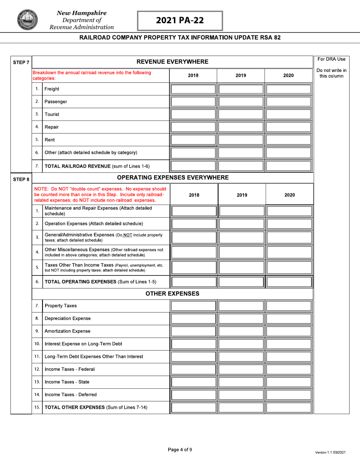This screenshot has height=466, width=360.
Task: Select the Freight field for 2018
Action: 193,89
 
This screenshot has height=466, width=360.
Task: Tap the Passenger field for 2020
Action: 289,102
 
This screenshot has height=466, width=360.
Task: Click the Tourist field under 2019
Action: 241,114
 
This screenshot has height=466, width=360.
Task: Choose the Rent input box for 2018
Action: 193,140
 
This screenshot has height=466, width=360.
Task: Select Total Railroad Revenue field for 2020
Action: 289,166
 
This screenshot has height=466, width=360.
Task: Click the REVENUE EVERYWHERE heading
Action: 172,62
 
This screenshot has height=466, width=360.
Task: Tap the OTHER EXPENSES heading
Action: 172,294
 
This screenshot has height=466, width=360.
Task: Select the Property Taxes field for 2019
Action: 241,306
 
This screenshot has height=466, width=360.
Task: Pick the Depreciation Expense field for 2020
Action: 289,319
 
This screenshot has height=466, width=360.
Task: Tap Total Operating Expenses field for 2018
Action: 193,282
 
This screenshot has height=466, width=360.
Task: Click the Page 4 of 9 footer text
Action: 180,450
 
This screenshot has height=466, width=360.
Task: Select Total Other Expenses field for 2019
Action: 241,408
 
